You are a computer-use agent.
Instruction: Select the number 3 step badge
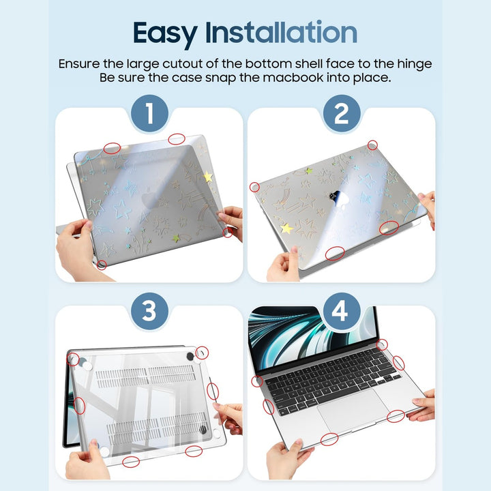pos(149,312)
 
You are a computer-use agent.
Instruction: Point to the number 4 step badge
pos(341,312)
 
